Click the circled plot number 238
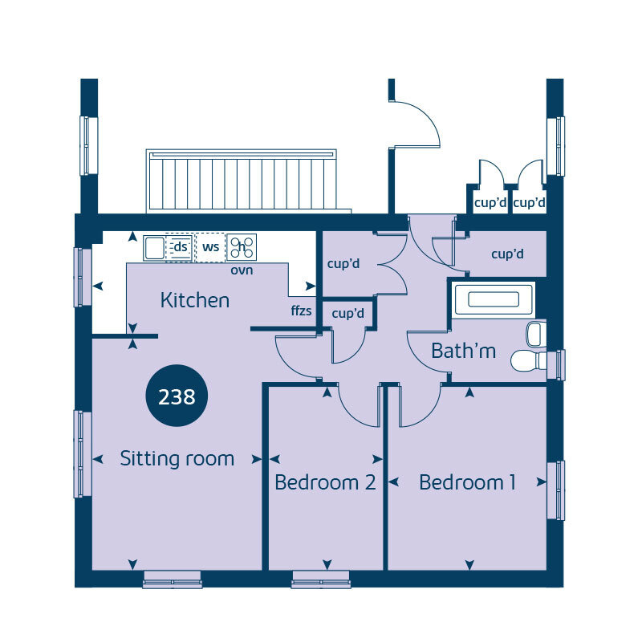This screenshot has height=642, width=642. (x=177, y=396)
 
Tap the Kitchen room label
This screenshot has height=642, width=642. (x=195, y=301)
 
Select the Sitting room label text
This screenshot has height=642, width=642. (x=177, y=459)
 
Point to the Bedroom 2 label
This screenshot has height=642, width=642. (x=325, y=482)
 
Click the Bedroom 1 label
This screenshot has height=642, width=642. (x=467, y=482)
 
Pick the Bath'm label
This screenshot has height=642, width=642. (x=463, y=351)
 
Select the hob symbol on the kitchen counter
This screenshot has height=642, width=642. (x=242, y=246)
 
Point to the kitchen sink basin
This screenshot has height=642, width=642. (x=153, y=247)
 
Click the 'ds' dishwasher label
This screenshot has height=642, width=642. (x=181, y=247)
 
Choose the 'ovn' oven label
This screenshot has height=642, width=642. (x=242, y=270)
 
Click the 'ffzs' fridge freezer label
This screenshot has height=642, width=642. (x=301, y=311)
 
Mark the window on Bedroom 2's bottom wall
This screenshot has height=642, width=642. (x=321, y=579)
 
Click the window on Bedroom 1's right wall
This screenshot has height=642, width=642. (x=555, y=490)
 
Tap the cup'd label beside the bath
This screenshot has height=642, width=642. (x=507, y=254)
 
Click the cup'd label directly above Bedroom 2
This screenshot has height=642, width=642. (x=347, y=313)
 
